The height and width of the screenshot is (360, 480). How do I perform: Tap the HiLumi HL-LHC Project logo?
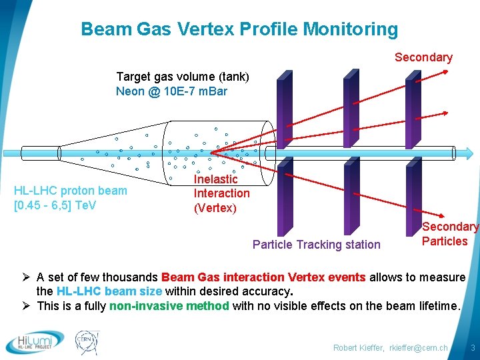pos(35,342)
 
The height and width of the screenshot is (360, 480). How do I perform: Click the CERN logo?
pos(87,343)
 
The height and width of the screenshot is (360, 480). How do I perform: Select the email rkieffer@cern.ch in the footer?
pos(419,348)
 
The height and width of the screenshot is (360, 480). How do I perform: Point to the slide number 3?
pos(473,348)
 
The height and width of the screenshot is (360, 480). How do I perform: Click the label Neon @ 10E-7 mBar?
pos(171,91)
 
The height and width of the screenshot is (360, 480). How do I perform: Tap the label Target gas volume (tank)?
pos(183,77)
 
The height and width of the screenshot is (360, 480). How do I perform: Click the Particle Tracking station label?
pos(317,245)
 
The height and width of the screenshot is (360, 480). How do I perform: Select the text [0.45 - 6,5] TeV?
pos(55,205)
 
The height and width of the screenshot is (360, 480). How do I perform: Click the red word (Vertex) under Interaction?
pos(215,208)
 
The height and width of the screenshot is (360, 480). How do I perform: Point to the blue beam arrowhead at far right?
pos(469,153)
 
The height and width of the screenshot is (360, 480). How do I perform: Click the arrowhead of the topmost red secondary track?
pos(445,72)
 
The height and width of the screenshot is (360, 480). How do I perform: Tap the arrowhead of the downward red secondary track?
pos(441,215)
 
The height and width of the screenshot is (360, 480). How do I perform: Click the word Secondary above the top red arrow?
pos(424,57)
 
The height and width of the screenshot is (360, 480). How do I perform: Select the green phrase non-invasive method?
pos(169,306)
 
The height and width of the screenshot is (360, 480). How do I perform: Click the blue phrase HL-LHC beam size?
pos(109,291)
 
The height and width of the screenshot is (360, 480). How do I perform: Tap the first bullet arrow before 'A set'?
pos(26,277)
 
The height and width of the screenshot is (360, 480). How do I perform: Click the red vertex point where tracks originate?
pos(211,153)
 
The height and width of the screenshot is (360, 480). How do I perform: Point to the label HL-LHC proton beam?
pos(71,191)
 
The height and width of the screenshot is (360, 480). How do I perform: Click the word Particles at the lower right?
pos(445,241)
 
